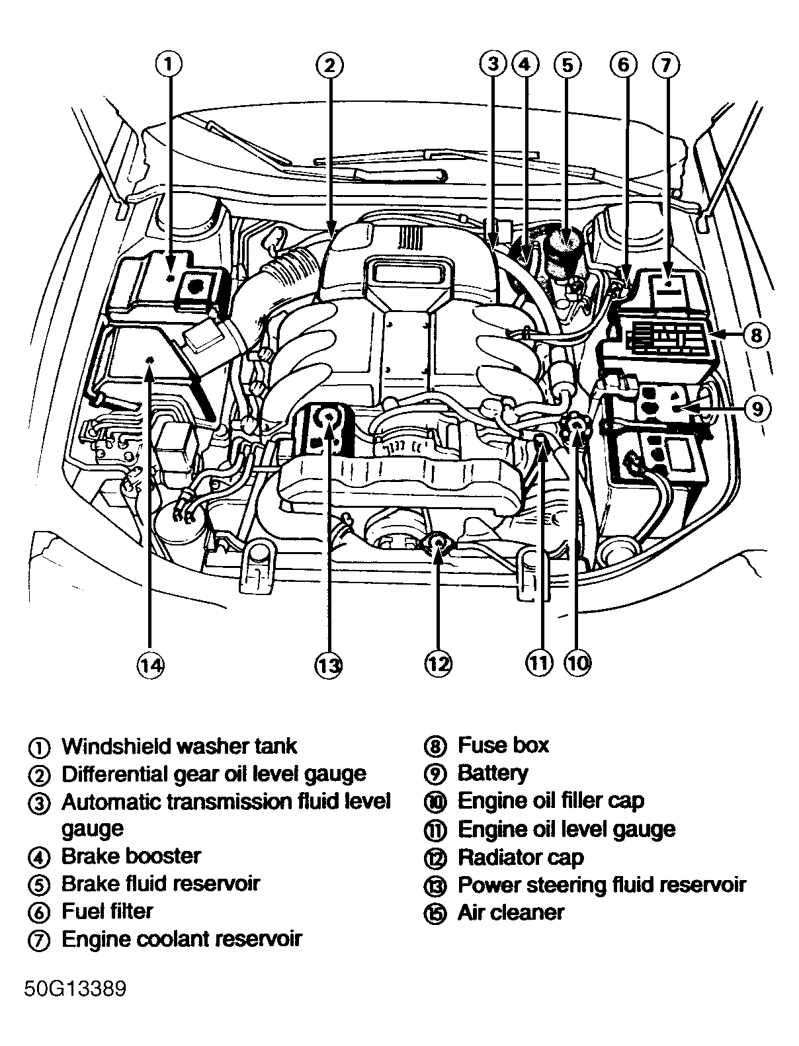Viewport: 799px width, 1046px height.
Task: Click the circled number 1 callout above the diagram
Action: pos(169,64)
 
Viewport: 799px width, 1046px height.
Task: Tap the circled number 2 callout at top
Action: pos(329,64)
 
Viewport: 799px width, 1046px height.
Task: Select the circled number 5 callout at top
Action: pos(568,64)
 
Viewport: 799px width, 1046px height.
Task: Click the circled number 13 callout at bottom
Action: pos(329,664)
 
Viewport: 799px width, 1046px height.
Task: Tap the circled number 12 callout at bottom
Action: pos(438,663)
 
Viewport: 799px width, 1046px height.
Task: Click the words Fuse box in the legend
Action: pos(503,745)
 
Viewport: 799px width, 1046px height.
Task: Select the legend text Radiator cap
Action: pos(521,858)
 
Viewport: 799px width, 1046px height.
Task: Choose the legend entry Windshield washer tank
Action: pos(179,746)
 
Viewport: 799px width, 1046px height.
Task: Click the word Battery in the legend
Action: pos(493,773)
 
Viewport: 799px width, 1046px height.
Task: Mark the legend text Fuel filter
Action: pos(107,911)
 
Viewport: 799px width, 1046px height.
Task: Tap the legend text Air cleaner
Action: pos(511,913)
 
